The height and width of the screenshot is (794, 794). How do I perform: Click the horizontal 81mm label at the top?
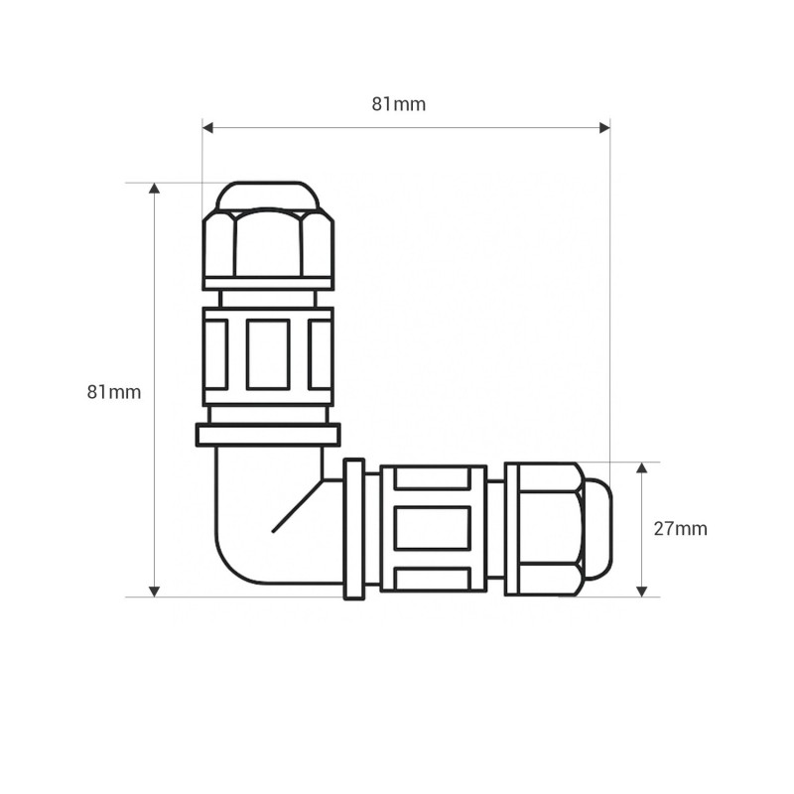(399, 104)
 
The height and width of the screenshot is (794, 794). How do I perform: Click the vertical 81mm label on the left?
(114, 392)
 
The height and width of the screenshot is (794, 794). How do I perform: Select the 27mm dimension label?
(680, 529)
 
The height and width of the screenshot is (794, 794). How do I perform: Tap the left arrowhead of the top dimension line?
(208, 128)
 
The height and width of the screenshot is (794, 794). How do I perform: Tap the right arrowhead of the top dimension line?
(604, 128)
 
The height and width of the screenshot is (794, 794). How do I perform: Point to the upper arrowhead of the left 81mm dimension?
(155, 188)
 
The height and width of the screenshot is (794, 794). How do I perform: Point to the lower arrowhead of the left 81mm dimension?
(155, 592)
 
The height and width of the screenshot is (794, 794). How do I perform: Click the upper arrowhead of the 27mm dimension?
(641, 467)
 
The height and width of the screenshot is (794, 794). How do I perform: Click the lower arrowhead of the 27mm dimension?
(641, 592)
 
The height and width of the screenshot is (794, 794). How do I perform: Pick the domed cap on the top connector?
(268, 195)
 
